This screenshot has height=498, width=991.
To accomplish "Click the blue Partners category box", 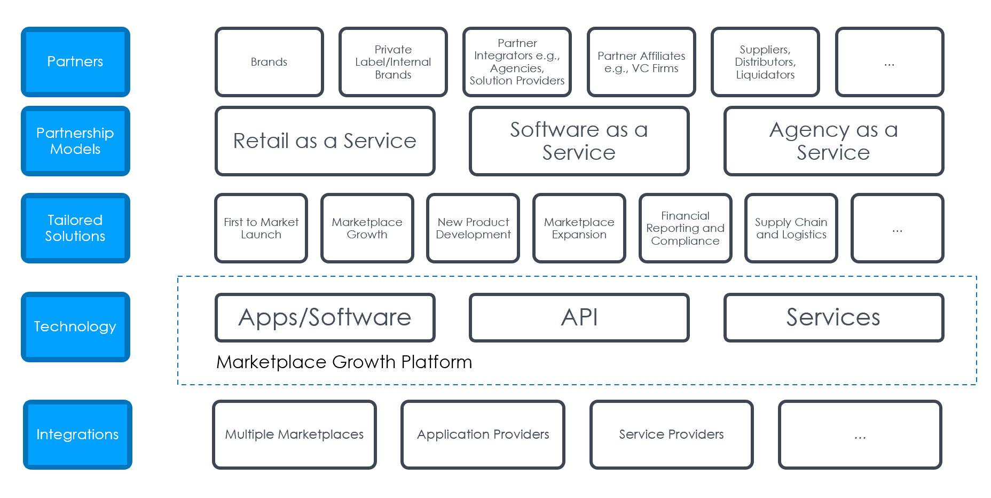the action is click(x=75, y=62).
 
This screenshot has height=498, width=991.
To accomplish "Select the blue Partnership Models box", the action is click(x=75, y=141).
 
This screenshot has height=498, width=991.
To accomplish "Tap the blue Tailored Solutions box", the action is click(x=75, y=228).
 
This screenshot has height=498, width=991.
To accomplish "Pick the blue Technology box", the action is click(x=75, y=327).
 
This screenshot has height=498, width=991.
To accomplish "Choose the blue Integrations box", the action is click(x=77, y=434).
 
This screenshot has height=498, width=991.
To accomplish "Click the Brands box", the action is click(x=269, y=62).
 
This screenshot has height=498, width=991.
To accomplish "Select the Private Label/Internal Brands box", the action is click(x=393, y=62).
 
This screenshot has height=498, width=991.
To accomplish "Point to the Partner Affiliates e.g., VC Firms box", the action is click(x=641, y=62).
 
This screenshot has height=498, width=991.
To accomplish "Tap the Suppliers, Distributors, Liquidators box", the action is click(x=765, y=62).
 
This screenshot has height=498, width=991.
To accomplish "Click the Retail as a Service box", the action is click(x=325, y=141).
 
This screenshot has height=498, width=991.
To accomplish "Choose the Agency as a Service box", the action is click(x=833, y=141).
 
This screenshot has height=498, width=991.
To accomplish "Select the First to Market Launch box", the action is click(x=261, y=228).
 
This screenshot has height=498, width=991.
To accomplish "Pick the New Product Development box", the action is click(x=473, y=228).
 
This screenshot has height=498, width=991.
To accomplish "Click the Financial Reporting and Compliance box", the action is click(x=685, y=228).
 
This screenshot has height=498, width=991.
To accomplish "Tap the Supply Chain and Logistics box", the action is click(x=791, y=228).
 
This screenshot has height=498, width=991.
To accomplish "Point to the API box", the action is click(x=579, y=317).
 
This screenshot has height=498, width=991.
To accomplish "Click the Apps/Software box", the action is click(x=325, y=317).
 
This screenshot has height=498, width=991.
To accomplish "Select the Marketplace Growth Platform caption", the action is click(x=344, y=362).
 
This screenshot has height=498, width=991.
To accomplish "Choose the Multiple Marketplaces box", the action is click(x=294, y=434).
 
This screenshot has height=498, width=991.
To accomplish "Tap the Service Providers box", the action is click(x=672, y=434).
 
